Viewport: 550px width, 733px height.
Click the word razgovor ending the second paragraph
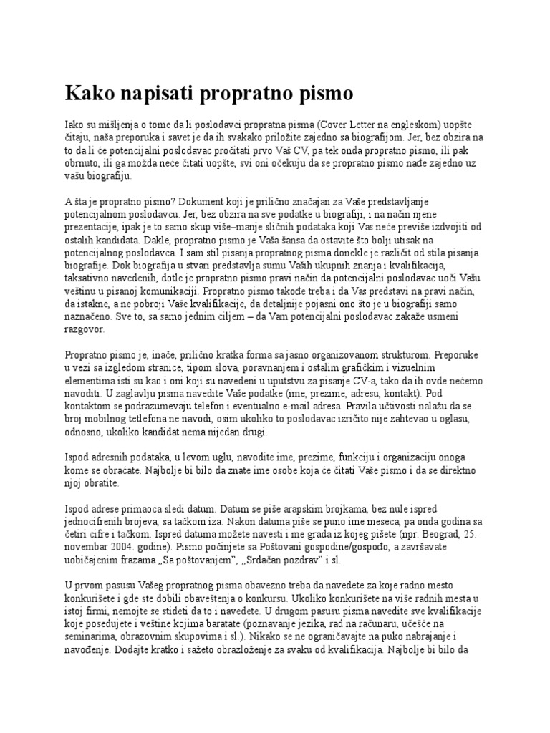click(x=85, y=331)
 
